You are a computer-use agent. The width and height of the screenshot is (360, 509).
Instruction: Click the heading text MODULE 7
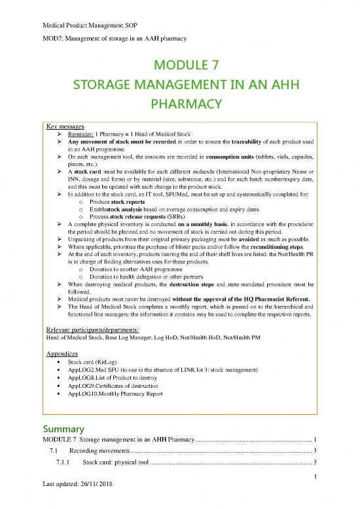[179, 66]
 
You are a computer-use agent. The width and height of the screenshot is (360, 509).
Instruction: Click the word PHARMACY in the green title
[179, 104]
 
